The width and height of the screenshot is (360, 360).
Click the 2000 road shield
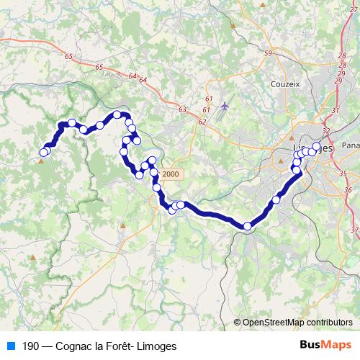pyautogui.click(x=171, y=174)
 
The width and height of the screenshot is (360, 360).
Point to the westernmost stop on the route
pyautogui.click(x=43, y=152)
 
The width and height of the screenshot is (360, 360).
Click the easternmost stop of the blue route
pyautogui.click(x=316, y=147)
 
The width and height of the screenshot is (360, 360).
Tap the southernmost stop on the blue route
pyautogui.click(x=247, y=226)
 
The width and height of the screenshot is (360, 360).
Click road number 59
pyautogui.click(x=268, y=53)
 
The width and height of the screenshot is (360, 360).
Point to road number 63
pyautogui.click(x=182, y=109)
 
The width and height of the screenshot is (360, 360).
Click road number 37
pyautogui.click(x=354, y=229)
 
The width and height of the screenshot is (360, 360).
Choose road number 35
pyautogui.click(x=343, y=173)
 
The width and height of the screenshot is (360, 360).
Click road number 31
pyautogui.click(x=336, y=109)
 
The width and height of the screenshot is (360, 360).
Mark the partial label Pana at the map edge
pyautogui.click(x=351, y=145)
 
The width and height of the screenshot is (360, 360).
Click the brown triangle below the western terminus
pyautogui.click(x=41, y=161)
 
